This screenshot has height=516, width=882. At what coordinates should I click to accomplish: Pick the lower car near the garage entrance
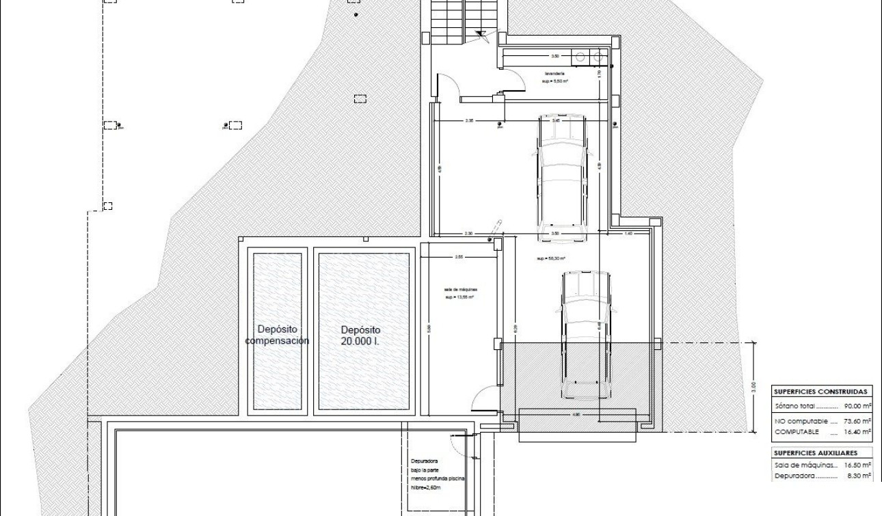coord(585,335)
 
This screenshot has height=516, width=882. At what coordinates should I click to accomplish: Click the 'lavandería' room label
coord(554,74)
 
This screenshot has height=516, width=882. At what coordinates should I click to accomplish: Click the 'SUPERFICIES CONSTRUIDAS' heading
coord(823,392)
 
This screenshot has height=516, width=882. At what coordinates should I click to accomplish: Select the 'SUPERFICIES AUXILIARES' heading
coord(815,452)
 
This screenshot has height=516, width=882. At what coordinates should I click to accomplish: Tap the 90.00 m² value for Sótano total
coord(857,406)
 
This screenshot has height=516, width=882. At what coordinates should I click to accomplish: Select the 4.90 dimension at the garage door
coord(576,414)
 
